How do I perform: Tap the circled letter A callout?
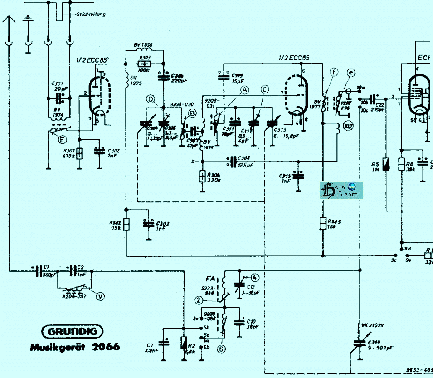[x=245, y=90]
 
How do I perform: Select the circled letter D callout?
[x=151, y=98]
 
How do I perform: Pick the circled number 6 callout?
[x=221, y=349]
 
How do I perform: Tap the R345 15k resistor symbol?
[x=323, y=223]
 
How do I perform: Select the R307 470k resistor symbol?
[x=79, y=154]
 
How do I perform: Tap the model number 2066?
[x=106, y=348]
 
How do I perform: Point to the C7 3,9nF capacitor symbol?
[x=163, y=344]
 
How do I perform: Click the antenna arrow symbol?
[x=8, y=20]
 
